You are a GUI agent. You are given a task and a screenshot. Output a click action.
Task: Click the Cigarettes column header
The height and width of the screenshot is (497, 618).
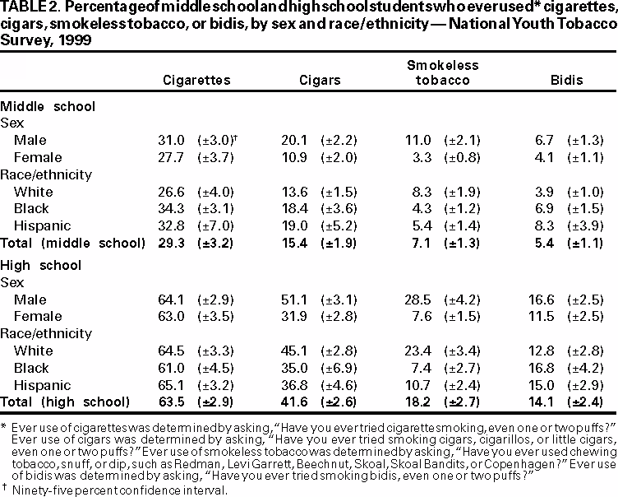coord(197,81)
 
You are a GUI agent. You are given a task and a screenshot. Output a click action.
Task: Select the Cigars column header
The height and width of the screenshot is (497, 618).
coord(316,81)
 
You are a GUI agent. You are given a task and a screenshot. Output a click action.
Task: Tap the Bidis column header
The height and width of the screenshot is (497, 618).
coord(567,81)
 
